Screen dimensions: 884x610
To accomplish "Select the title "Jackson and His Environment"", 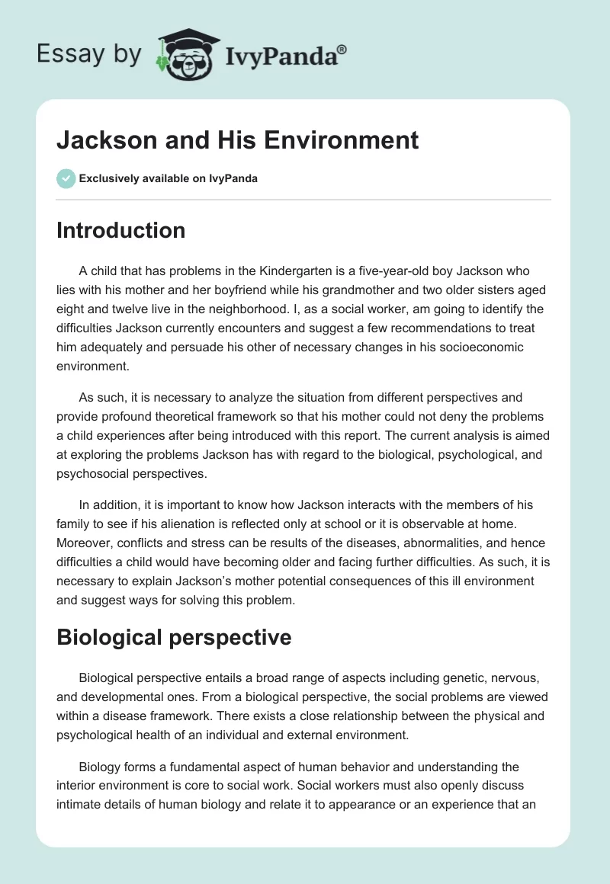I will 237,140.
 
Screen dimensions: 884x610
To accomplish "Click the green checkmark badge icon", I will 66,178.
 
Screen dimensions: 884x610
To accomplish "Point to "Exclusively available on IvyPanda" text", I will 169,178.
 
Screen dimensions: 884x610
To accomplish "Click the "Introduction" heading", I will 120,230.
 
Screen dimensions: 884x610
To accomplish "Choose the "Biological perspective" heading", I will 174,636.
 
